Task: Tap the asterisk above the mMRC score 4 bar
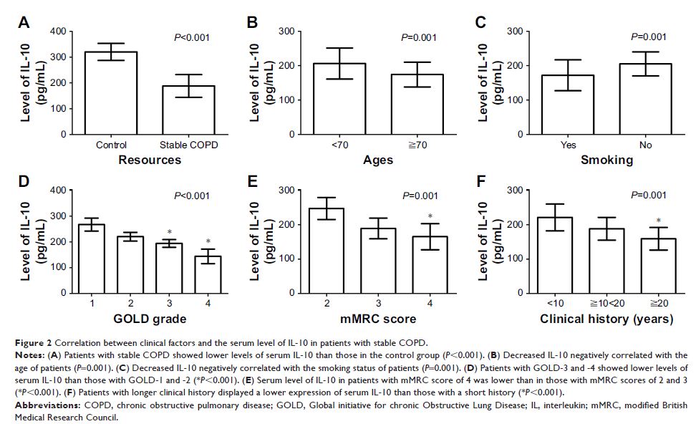click(x=430, y=217)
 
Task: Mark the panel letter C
click(x=480, y=22)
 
